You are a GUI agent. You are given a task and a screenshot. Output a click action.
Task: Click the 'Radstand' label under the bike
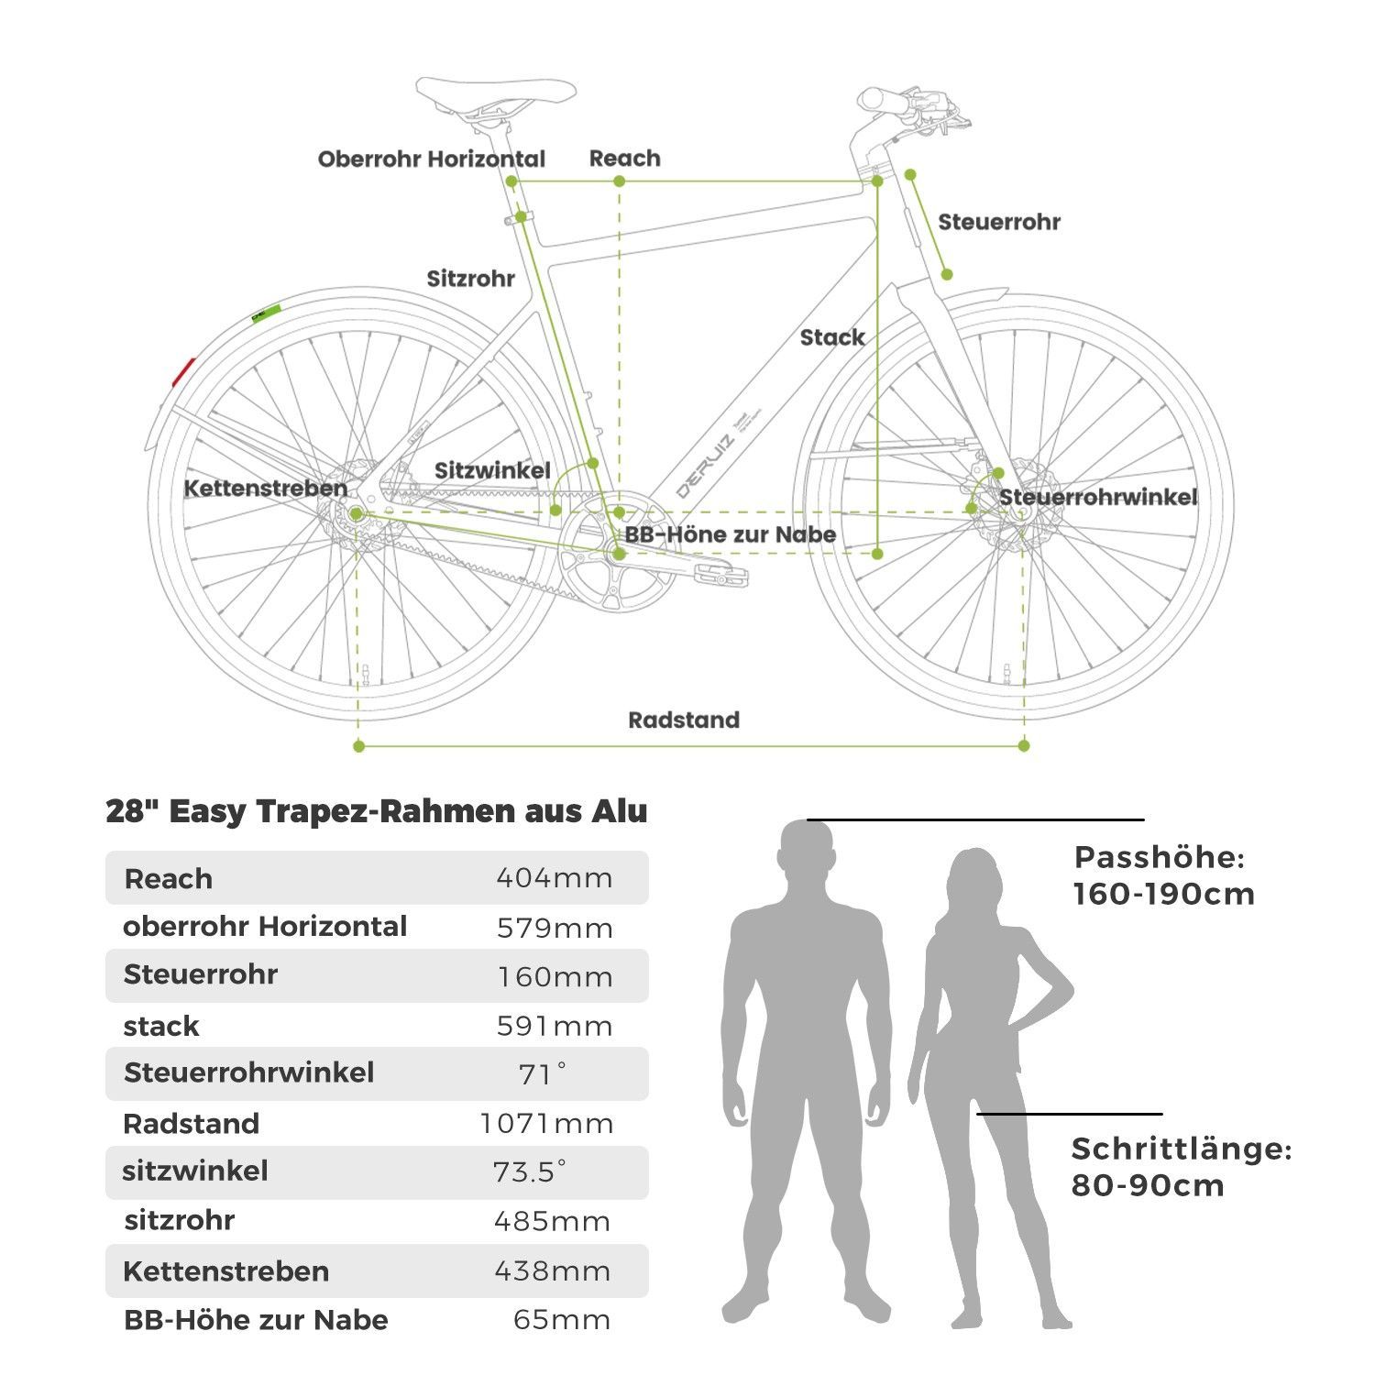pos(684,720)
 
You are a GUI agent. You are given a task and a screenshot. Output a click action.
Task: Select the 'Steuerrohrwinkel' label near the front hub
pos(1098,497)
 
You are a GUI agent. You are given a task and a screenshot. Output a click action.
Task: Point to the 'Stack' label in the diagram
pos(832,337)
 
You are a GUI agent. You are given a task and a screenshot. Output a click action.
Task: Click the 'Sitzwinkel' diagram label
pos(492,471)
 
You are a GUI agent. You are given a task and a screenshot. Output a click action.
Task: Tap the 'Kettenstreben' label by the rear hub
pos(266,489)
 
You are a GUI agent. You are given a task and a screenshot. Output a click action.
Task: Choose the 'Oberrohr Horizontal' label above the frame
pos(432,159)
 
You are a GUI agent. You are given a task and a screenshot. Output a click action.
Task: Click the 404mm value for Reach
pos(555,878)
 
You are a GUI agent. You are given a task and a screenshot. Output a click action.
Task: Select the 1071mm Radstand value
pos(547,1124)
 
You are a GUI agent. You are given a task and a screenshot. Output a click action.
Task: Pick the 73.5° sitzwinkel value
pos(530,1171)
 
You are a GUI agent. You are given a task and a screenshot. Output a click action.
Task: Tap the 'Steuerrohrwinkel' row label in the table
pos(248,1072)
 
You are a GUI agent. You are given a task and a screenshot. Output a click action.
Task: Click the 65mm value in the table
pos(562,1320)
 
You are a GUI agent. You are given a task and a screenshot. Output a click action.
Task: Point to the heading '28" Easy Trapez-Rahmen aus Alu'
pos(377,811)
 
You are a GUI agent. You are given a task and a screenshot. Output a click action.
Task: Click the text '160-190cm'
pos(1164,894)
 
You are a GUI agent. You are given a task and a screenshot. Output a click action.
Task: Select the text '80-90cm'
pos(1148,1185)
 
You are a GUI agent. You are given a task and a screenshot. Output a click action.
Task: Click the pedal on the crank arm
pos(723,576)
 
